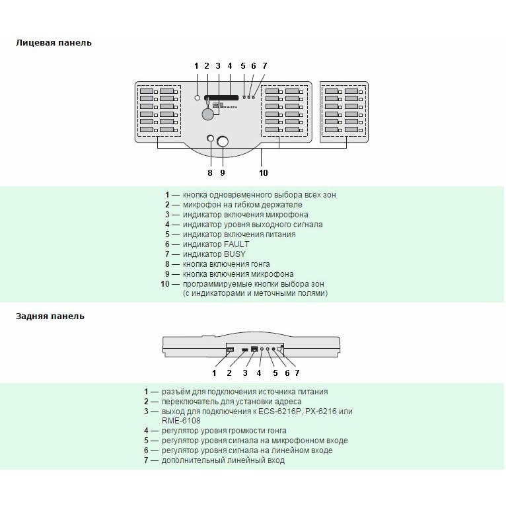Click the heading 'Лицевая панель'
click(54, 43)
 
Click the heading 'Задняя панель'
click(50, 316)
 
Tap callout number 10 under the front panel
click(264, 172)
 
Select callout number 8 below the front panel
click(210, 172)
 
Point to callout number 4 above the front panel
click(230, 66)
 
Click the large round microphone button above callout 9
click(223, 141)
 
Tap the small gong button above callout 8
click(210, 139)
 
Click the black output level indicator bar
click(221, 98)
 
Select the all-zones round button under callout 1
click(198, 98)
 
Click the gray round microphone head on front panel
click(208, 114)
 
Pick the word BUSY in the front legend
click(235, 254)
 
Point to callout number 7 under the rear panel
click(297, 373)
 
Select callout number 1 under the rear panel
click(214, 373)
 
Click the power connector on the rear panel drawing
click(231, 349)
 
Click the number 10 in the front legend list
click(165, 284)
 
